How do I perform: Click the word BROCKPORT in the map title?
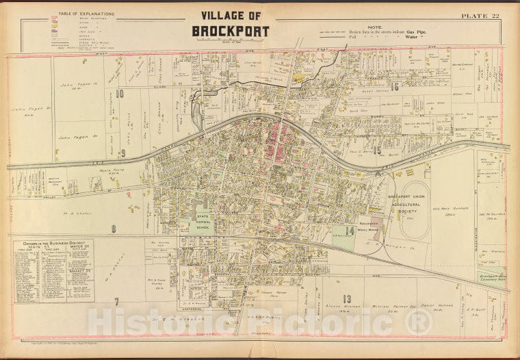tap(230, 31)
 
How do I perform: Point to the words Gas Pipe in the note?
tap(418, 31)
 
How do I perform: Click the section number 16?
tap(395, 86)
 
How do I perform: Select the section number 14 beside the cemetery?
tap(350, 231)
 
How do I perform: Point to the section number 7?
tap(117, 300)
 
